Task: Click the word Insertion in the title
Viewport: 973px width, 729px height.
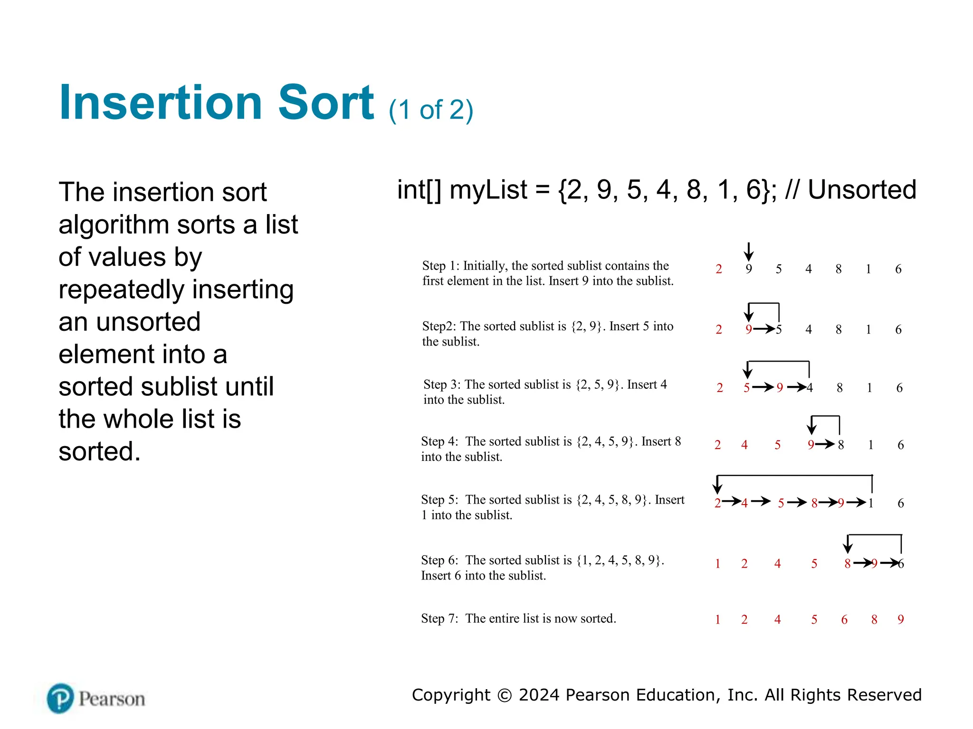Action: coord(161,103)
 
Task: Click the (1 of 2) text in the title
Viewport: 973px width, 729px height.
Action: coord(430,110)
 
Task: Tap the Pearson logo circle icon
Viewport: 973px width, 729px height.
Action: coord(60,698)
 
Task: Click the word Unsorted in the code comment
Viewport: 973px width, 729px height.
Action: coord(862,190)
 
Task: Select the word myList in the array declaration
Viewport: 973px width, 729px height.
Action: coord(488,190)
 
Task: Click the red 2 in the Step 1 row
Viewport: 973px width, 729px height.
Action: coord(719,269)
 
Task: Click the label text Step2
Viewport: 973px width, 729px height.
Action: coord(439,326)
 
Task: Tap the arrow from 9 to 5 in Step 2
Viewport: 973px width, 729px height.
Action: coord(764,328)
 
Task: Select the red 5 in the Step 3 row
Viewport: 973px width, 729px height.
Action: coord(746,388)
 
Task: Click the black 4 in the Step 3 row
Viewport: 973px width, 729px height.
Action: coord(810,388)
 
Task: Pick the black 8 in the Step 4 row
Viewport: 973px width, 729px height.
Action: coord(841,445)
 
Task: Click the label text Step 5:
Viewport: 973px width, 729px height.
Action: coord(439,500)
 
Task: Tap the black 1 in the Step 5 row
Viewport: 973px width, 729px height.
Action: coord(871,503)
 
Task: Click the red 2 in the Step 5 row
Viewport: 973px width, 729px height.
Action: coord(717,503)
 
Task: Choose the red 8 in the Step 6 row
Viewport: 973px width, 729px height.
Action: coord(847,564)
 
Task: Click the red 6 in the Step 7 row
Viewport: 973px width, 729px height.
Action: coord(844,619)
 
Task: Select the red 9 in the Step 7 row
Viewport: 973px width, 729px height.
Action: coord(901,619)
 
